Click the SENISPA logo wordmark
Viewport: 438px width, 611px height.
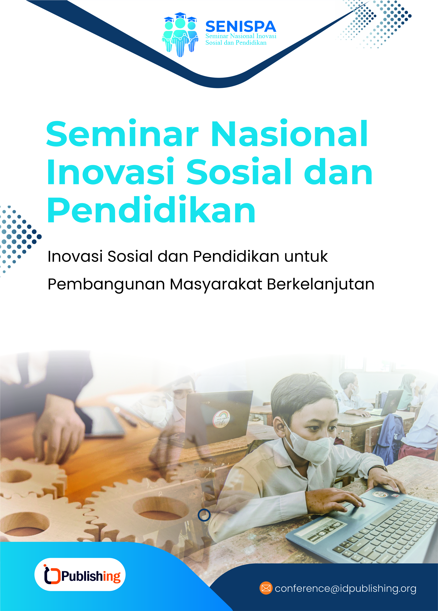pos(241,27)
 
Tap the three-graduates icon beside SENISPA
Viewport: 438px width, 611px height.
pos(180,34)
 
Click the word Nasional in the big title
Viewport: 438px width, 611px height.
pos(290,134)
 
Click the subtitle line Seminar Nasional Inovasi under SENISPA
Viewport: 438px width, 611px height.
pos(241,36)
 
